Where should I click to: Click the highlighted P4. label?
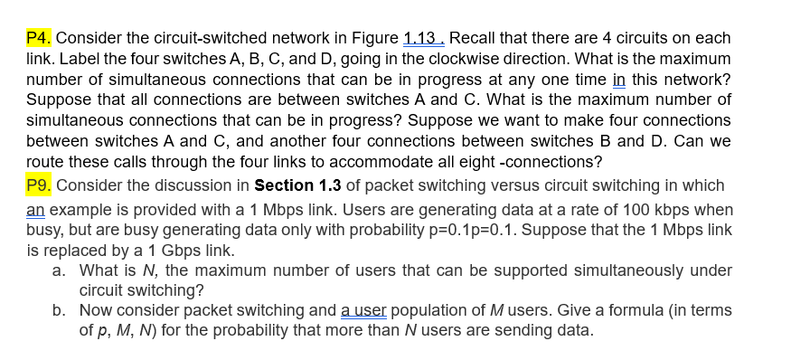coord(40,38)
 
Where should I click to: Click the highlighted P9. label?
coord(40,185)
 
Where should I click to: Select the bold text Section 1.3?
coord(297,185)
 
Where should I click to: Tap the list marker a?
coord(58,270)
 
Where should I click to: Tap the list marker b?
coord(58,310)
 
